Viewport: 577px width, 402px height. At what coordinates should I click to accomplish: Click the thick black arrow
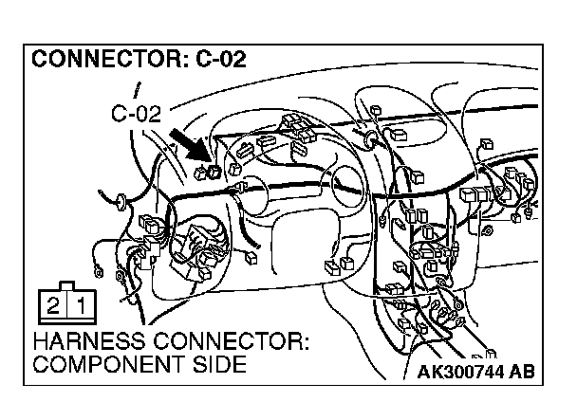[190, 145]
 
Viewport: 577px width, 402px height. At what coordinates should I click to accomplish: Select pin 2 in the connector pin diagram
[53, 306]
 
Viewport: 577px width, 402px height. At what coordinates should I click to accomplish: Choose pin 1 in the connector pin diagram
[83, 306]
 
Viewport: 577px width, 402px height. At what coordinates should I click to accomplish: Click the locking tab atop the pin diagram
[67, 285]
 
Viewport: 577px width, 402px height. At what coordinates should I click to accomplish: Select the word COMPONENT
[104, 364]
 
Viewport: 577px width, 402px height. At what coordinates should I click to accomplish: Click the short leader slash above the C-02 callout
[139, 93]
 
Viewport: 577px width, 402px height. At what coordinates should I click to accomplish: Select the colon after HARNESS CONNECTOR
[310, 342]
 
